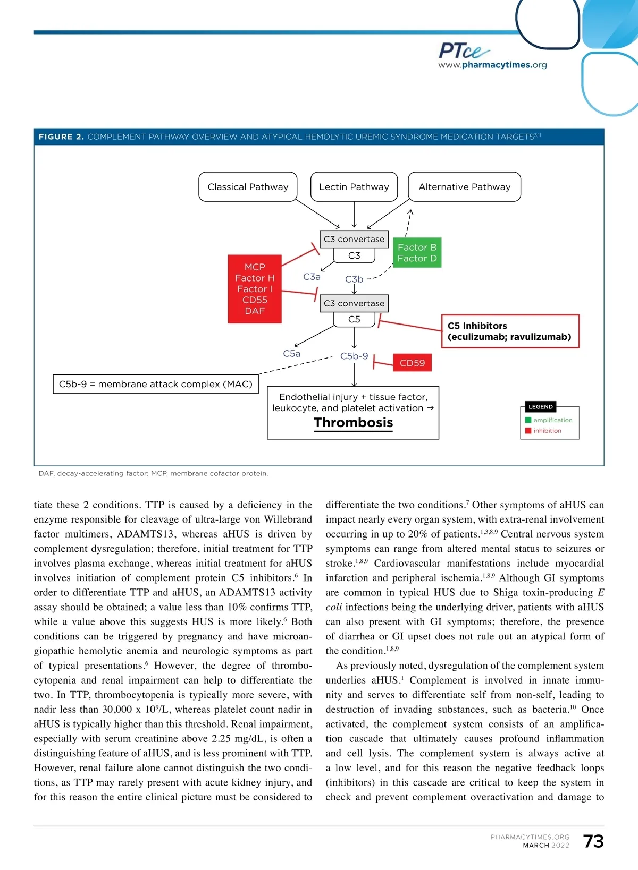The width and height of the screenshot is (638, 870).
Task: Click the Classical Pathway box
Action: [x=248, y=187]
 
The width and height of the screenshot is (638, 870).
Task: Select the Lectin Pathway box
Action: [x=354, y=187]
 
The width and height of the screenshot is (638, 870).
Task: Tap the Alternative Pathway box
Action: [x=464, y=187]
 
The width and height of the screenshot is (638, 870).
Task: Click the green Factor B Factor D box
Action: [x=417, y=253]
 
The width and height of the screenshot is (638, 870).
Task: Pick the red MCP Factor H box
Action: [x=255, y=289]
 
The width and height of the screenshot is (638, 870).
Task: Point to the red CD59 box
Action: [x=412, y=363]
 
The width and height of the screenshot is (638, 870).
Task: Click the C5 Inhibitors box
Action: [x=510, y=331]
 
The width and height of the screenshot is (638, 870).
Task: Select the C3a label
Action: [x=312, y=277]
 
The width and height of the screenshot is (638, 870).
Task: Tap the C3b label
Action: [x=354, y=279]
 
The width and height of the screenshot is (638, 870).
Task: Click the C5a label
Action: [x=291, y=354]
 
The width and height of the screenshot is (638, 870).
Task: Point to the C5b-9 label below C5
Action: [x=354, y=356]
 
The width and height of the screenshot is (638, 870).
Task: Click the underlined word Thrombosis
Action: [x=354, y=423]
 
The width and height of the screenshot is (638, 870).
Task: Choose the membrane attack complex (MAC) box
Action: [x=156, y=384]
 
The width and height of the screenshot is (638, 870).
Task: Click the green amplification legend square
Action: [x=528, y=420]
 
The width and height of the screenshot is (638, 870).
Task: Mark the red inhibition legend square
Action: [x=528, y=431]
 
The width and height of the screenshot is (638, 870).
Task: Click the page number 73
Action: [x=593, y=841]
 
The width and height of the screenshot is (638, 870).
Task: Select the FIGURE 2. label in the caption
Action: [x=61, y=137]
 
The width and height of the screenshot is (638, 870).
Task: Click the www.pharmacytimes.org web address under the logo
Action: [x=492, y=65]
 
